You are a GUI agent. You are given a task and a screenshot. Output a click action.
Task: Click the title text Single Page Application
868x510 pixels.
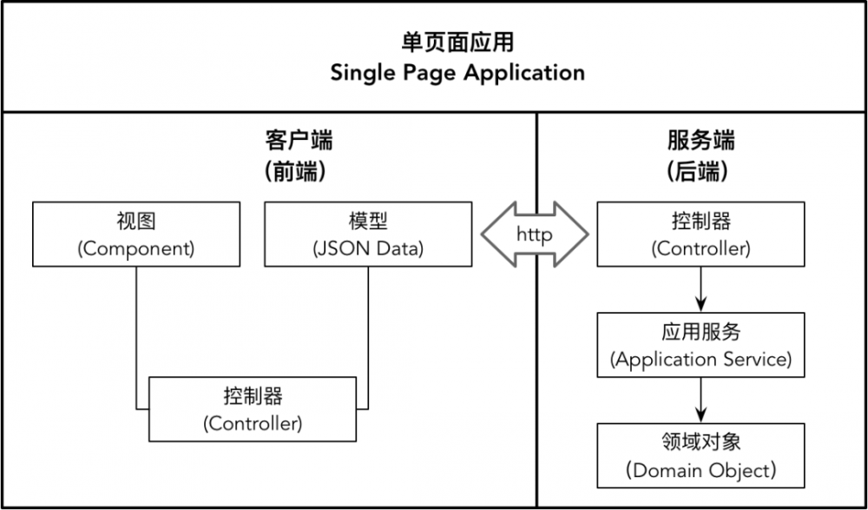coord(457,72)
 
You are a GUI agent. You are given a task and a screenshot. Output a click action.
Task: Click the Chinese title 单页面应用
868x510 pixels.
coord(457,42)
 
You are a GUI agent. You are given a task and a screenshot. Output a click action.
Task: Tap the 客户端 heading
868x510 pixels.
coord(298,140)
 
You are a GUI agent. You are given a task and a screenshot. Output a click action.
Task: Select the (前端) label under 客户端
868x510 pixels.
coord(298,171)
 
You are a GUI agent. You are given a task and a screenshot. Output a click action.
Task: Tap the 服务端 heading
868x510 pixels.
coord(701,140)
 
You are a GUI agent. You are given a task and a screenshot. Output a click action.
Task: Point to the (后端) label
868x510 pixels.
coord(701,171)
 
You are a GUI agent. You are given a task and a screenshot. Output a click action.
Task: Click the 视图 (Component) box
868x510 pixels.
coord(136,234)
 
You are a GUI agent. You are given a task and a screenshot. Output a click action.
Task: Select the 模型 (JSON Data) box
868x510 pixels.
coord(368,234)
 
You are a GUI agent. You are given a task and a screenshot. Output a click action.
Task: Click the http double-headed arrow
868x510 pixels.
coord(535,235)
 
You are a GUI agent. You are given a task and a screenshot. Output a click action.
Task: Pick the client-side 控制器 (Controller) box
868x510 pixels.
coord(253,408)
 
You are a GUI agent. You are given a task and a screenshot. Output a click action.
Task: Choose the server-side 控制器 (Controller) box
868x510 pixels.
coord(700,234)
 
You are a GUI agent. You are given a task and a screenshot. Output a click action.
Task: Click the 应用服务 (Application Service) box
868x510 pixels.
coord(700,345)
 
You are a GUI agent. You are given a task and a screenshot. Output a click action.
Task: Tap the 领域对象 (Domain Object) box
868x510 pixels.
coord(700,455)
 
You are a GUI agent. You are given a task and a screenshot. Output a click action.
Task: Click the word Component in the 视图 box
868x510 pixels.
coord(136,248)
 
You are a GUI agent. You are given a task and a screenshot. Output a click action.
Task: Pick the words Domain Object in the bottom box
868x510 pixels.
coord(700,470)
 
